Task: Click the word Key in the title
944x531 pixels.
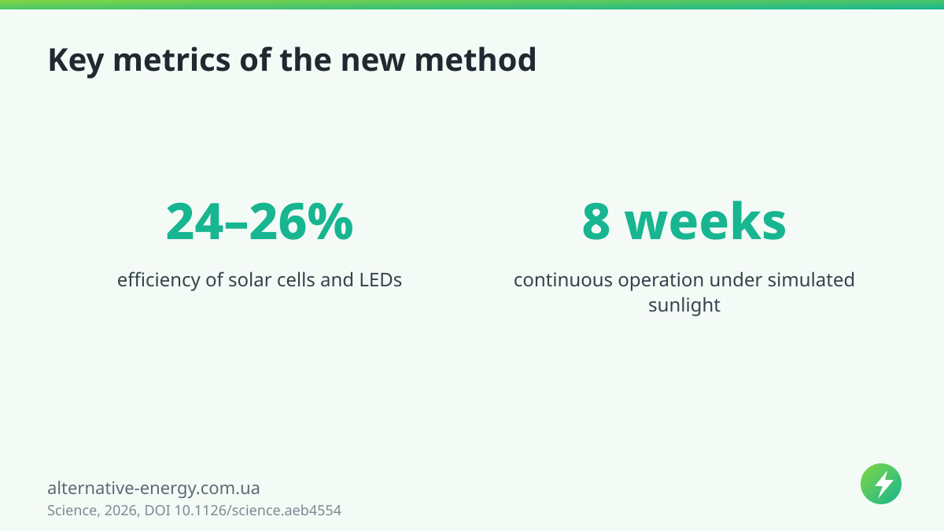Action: [76, 61]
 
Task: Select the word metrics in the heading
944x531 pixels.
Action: [172, 60]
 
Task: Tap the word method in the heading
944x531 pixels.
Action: [475, 60]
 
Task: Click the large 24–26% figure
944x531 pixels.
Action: [260, 222]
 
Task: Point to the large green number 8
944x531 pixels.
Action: [596, 222]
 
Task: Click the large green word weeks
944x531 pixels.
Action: [706, 222]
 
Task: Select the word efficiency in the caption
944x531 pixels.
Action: [158, 280]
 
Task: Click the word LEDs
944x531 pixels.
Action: [381, 280]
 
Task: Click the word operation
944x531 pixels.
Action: [661, 281]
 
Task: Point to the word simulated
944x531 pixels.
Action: [811, 280]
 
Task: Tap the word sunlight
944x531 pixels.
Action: [684, 305]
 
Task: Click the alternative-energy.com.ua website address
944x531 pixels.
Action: [153, 488]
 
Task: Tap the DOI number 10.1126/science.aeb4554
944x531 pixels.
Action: [258, 511]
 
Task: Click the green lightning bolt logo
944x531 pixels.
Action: [881, 484]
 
